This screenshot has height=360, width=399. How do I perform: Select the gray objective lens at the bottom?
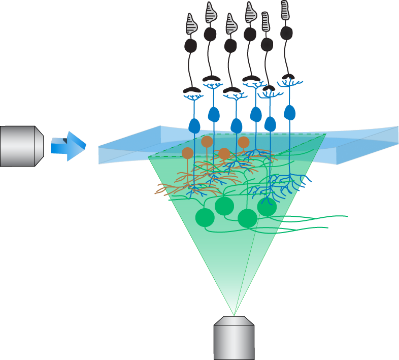pyautogui.click(x=234, y=341)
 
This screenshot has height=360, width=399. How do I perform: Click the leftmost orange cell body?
pyautogui.click(x=188, y=153)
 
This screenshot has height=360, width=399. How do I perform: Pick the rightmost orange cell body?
pyautogui.click(x=244, y=142)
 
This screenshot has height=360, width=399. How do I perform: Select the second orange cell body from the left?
pyautogui.click(x=207, y=141)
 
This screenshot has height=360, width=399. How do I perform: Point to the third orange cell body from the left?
pyautogui.click(x=224, y=153)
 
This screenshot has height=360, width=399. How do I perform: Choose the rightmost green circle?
pyautogui.click(x=267, y=206)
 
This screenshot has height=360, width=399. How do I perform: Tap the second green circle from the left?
pyautogui.click(x=224, y=206)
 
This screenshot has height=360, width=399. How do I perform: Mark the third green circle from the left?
pyautogui.click(x=248, y=218)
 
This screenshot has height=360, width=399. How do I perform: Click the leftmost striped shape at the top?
pyautogui.click(x=191, y=24)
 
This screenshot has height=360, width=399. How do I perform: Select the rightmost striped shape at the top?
pyautogui.click(x=285, y=10)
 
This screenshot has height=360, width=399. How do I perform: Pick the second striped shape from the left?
pyautogui.click(x=210, y=13)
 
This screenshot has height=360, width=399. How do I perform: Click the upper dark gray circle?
pyautogui.click(x=286, y=33)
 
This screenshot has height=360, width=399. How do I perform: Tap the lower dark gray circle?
pyautogui.click(x=267, y=45)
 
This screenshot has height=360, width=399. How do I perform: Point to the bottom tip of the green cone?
pyautogui.click(x=234, y=314)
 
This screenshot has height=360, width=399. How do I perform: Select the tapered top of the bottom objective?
pyautogui.click(x=234, y=321)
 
